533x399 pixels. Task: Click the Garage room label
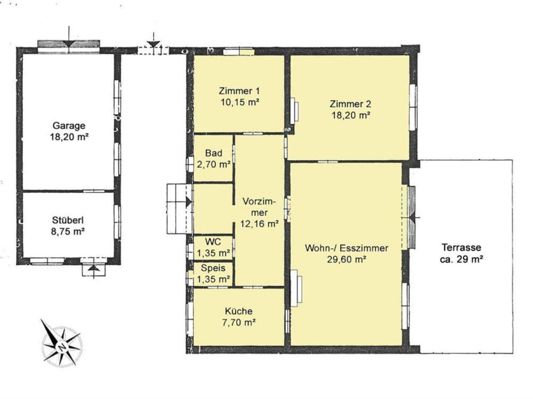[69, 126]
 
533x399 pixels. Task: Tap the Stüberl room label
[68, 220]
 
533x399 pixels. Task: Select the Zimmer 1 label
[239, 91]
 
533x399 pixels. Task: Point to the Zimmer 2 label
[350, 104]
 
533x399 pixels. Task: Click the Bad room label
[214, 153]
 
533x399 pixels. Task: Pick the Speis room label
[213, 268]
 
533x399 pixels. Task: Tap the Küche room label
[239, 311]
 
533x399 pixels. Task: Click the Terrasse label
[461, 247]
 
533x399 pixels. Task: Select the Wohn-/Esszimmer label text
[346, 248]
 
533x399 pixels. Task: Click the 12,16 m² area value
[259, 224]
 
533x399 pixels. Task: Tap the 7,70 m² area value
[239, 323]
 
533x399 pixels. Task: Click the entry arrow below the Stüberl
[94, 271]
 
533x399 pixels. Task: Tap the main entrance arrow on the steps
[189, 202]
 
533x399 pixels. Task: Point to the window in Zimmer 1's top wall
[239, 52]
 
